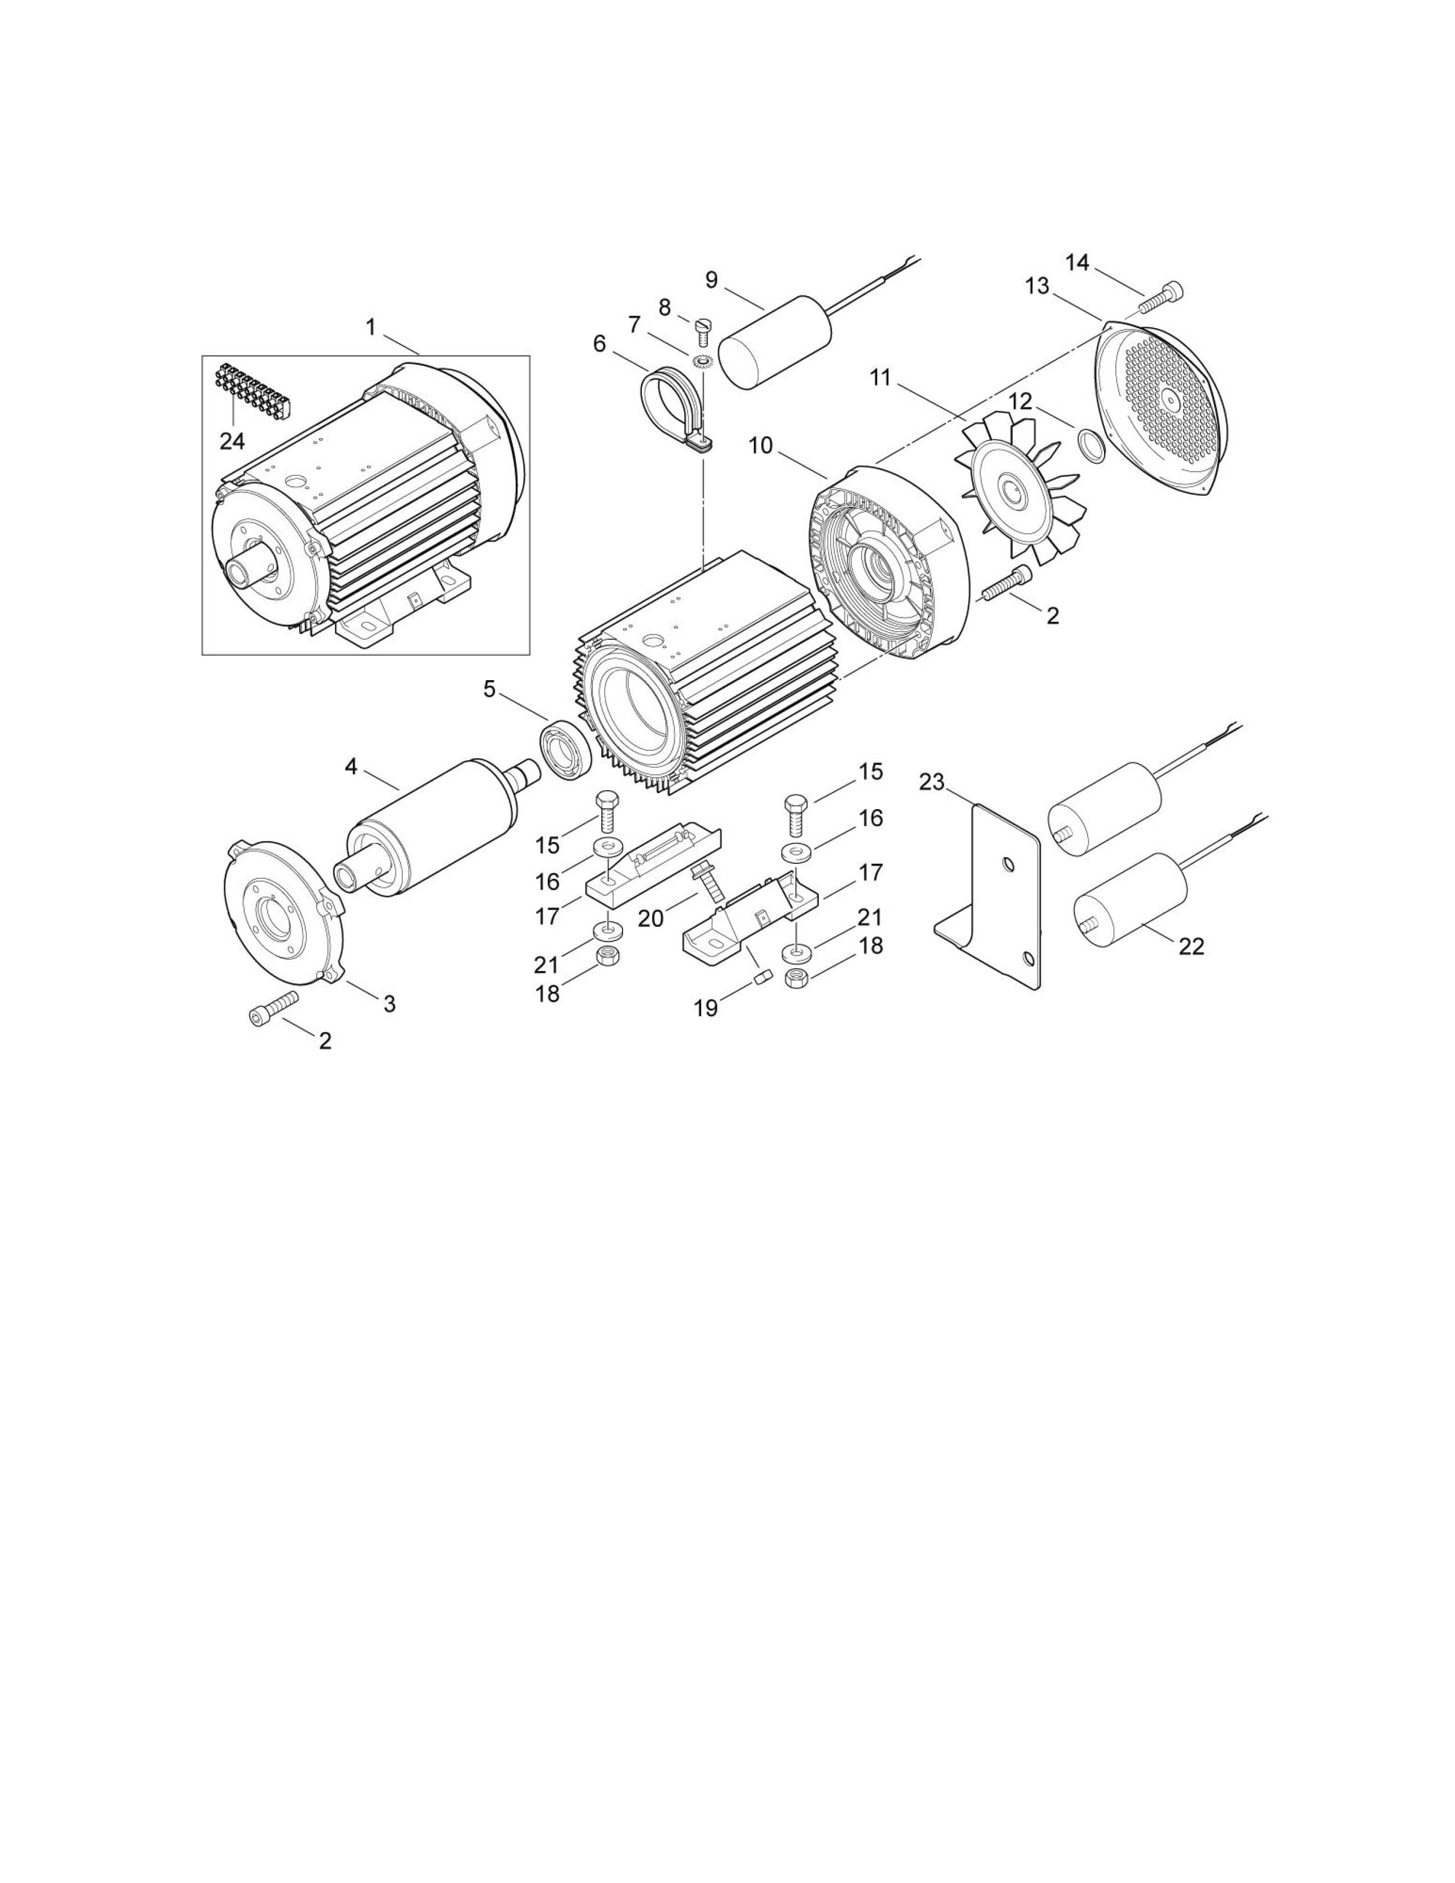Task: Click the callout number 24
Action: (x=232, y=442)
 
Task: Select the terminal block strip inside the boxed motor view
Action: (x=253, y=389)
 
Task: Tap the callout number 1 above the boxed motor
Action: (x=371, y=328)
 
